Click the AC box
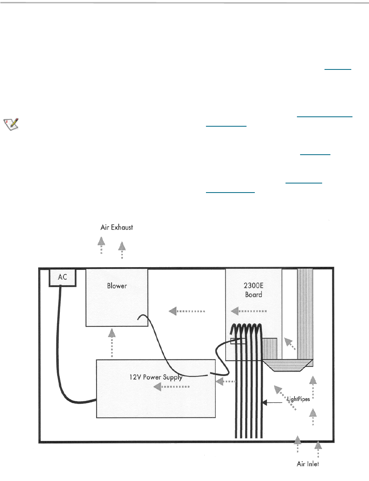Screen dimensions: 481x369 (x=63, y=277)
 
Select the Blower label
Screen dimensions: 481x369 (x=117, y=286)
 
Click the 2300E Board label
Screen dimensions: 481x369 (x=253, y=290)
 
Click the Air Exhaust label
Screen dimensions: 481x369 (x=117, y=228)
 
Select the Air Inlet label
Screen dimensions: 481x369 (x=308, y=464)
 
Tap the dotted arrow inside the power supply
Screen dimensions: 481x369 (x=171, y=387)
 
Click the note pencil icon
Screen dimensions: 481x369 (x=12, y=124)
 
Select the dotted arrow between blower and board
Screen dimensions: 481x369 (x=187, y=311)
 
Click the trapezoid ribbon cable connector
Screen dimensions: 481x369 (x=288, y=365)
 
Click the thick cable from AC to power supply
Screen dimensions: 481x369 (x=65, y=355)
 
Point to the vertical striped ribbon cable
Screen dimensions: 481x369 (x=305, y=312)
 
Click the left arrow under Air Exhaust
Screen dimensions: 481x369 (x=101, y=245)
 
